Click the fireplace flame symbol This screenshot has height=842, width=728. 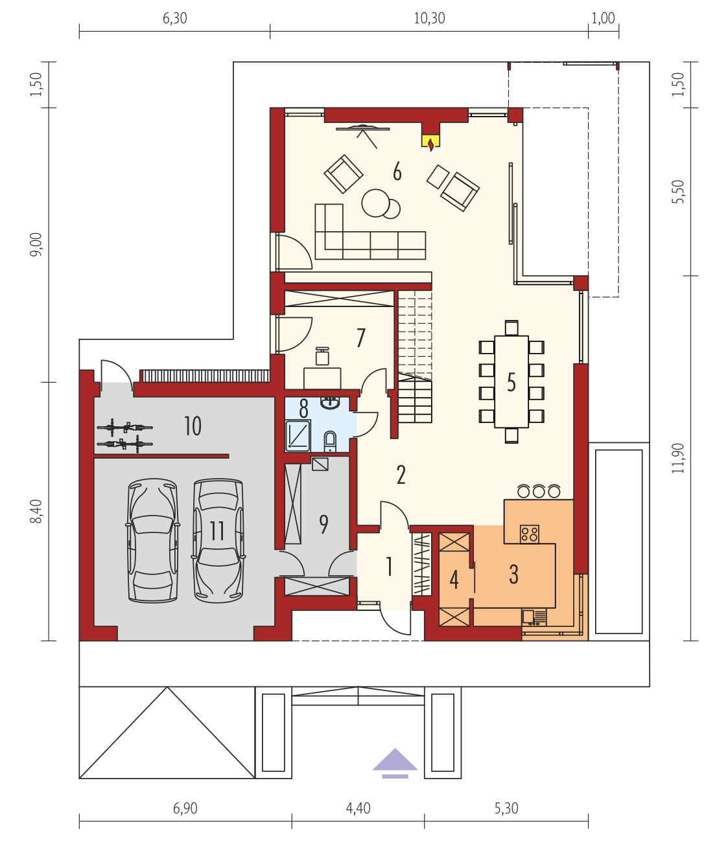pos(430,146)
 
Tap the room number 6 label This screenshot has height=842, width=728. pos(397,172)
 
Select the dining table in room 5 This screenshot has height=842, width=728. pos(511,381)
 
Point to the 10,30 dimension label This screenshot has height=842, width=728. pos(429,18)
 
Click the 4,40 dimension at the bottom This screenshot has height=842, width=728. pos(358,808)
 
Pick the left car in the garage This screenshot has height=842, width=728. pos(153,541)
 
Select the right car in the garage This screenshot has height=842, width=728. pos(218,541)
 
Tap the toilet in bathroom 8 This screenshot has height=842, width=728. pos(330,442)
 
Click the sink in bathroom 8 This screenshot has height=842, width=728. pos(331,403)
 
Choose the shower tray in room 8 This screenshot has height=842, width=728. pos(298,436)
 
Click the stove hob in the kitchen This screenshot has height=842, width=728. pos(530,534)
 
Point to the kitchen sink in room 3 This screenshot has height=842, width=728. pos(534,617)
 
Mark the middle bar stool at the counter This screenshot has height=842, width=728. pos(539,491)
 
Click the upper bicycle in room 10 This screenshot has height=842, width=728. pos(124,427)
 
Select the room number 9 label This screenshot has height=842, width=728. pos(323,524)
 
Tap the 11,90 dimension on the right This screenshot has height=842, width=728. pos(678,459)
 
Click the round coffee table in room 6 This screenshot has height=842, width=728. pos(376,203)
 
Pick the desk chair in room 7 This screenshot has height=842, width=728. pos(322,356)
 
